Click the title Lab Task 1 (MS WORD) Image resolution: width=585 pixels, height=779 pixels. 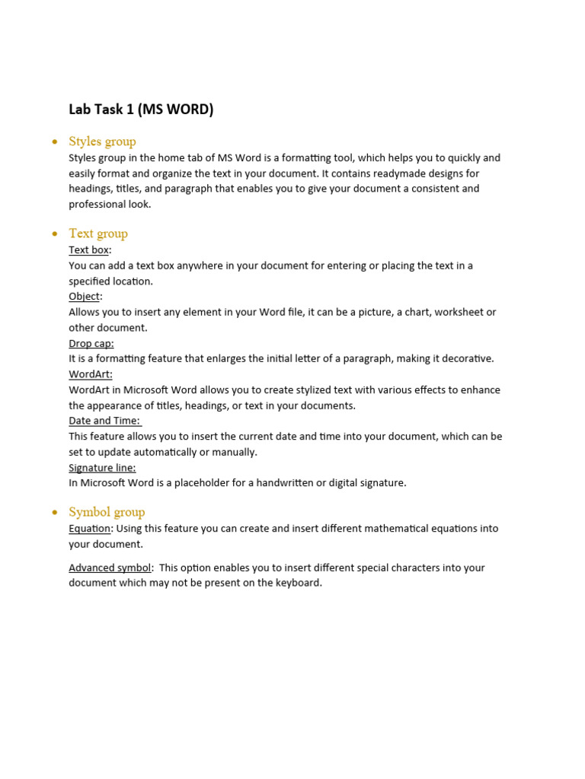coord(141,110)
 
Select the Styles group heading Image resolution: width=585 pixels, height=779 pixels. coord(102,141)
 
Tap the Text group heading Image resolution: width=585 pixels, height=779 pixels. coord(98,234)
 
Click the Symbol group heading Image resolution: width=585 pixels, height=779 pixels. coord(107,512)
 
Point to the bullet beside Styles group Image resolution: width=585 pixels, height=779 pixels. coord(54,142)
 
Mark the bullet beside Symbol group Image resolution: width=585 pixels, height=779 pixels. coord(54,513)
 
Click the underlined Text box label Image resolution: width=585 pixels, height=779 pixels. coord(89,250)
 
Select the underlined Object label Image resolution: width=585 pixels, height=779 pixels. coord(84,297)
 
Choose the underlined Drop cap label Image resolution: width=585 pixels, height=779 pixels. coord(91,343)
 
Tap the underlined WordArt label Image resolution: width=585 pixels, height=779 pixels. coord(90,374)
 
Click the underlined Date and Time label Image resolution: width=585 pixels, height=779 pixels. coord(104,421)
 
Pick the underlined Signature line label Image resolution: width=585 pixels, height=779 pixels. coord(102,468)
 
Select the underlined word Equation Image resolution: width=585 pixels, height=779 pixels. coord(90,529)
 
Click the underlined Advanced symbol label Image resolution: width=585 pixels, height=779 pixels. coord(110,568)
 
